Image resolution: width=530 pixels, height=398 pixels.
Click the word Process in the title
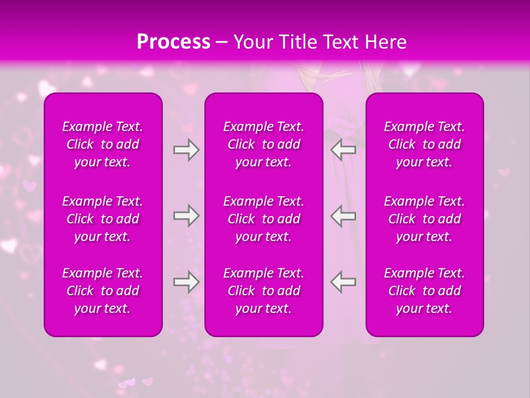click(173, 42)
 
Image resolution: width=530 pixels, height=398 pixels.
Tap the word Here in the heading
click(384, 42)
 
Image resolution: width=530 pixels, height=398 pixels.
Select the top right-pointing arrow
click(186, 150)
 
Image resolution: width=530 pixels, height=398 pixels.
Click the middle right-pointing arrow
click(186, 216)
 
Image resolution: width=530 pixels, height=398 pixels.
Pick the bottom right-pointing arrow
click(186, 282)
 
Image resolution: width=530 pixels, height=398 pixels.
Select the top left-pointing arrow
click(343, 150)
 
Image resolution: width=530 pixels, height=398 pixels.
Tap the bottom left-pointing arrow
click(343, 282)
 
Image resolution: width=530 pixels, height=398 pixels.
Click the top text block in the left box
click(103, 144)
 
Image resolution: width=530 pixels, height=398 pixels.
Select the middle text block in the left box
click(103, 219)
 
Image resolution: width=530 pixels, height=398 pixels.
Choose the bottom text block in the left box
click(103, 291)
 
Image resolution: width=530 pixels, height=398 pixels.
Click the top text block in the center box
click(264, 144)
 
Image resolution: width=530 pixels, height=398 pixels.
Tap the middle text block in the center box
click(264, 219)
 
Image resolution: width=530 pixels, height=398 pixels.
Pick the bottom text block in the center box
click(264, 291)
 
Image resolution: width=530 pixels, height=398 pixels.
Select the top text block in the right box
click(425, 144)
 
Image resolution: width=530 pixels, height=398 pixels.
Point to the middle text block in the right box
click(425, 219)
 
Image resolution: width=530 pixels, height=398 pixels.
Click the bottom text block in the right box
click(425, 291)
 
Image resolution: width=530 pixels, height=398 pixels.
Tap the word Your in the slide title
click(252, 42)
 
